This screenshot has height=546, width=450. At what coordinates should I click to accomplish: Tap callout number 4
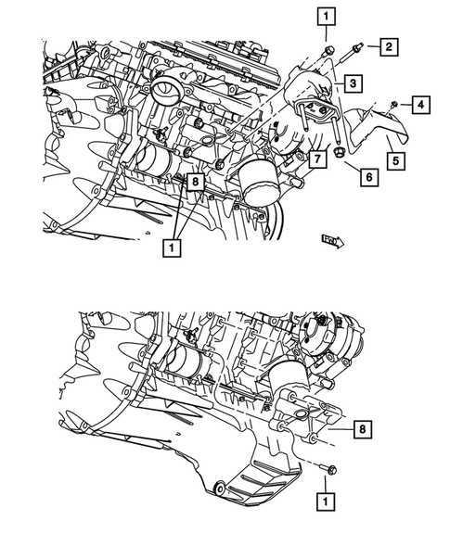420,107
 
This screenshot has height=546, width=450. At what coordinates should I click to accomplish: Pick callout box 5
394,161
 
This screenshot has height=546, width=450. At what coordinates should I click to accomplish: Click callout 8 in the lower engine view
363,428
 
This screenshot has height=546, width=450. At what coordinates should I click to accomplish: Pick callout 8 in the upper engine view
194,183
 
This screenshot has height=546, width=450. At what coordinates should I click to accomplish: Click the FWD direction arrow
332,241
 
